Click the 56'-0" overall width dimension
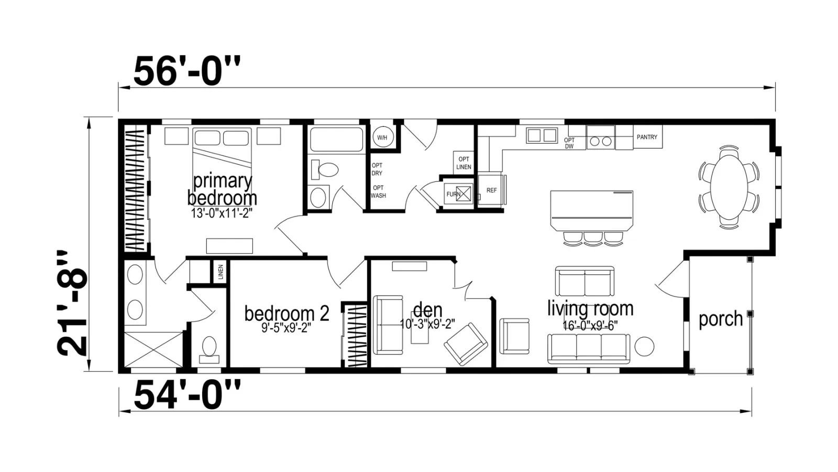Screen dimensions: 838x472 pos(186,71)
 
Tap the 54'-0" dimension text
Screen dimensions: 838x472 pos(186,395)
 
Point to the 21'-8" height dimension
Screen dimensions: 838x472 pos(72,304)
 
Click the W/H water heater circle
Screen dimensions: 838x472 pos(382,137)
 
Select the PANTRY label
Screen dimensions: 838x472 pos(647,137)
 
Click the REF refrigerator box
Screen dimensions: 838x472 pos(491,190)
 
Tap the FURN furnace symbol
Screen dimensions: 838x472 pos(459,194)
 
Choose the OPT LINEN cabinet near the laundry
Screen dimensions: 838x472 pos(464,163)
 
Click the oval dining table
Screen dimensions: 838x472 pos(729,187)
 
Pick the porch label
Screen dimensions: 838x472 pos(721,319)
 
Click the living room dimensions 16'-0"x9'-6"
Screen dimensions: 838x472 pos(590,326)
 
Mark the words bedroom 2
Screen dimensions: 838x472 pos(286,313)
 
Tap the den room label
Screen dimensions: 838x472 pos(427,310)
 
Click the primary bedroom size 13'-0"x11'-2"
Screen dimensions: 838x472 pos(222,213)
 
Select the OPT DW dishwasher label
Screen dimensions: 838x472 pos(569,143)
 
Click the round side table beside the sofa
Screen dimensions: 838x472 pos(644,347)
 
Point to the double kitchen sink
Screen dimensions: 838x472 pos(542,136)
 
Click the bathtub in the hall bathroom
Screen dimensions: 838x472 pos(336,140)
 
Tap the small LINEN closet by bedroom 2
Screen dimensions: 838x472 pos(220,272)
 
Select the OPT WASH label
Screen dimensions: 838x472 pos(378,191)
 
